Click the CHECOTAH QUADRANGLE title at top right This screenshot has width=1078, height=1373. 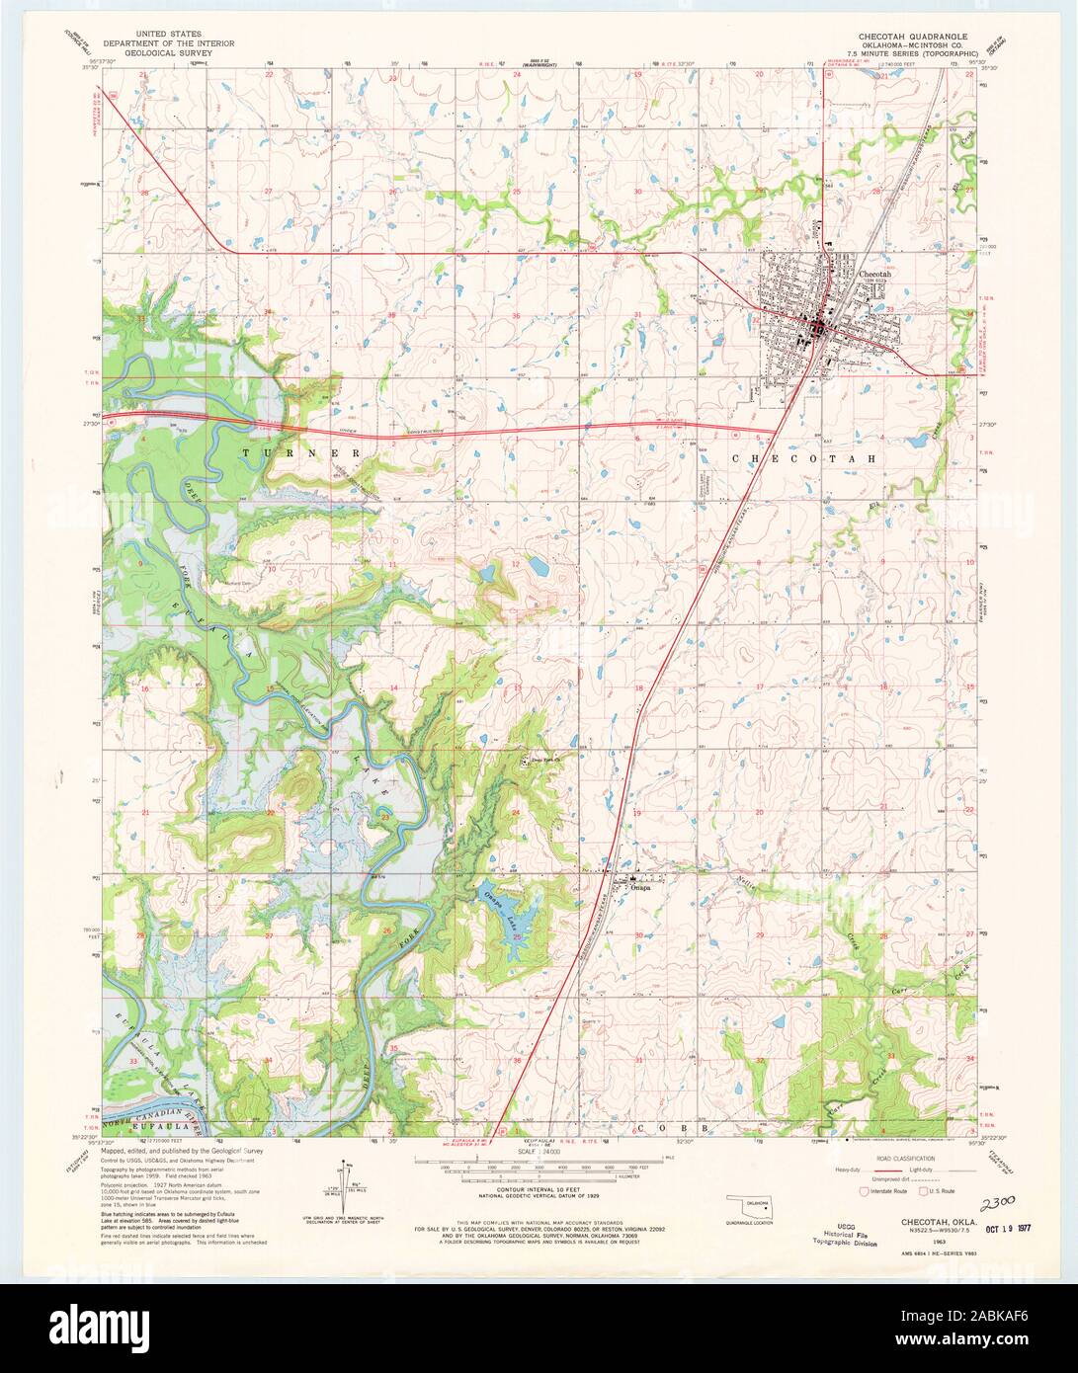point(912,34)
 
